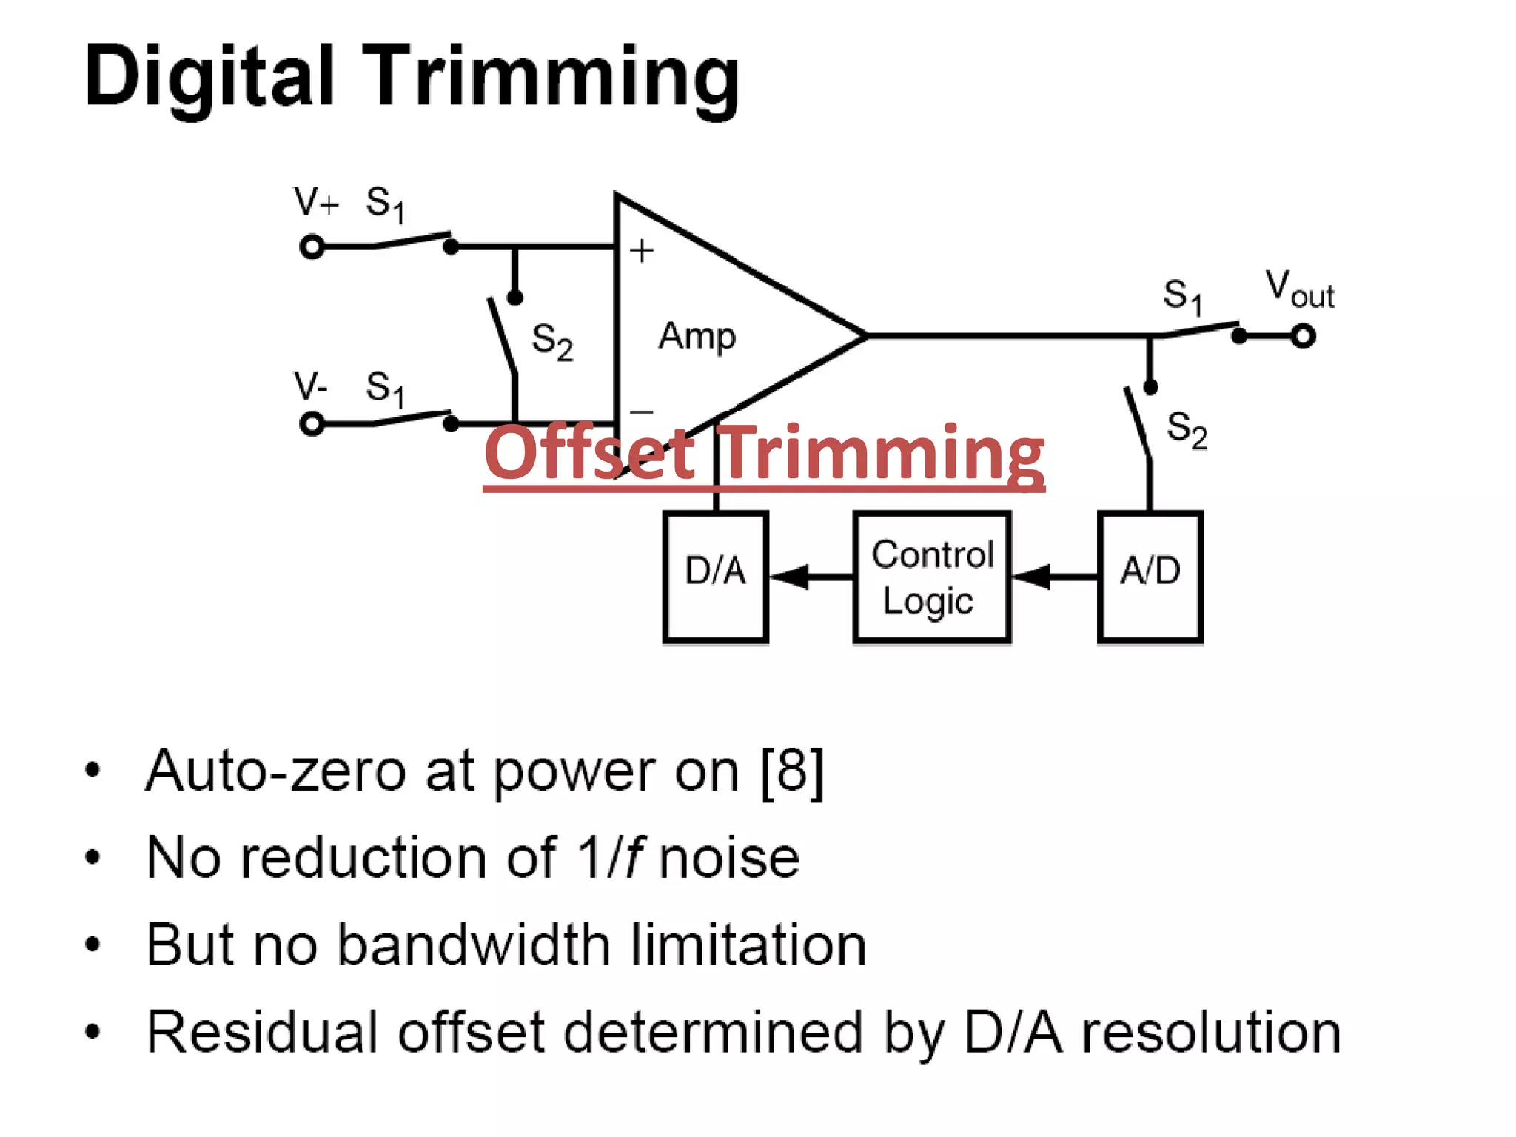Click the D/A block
tap(715, 576)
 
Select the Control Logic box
tap(932, 576)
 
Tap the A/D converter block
tap(1150, 576)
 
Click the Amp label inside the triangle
tap(697, 337)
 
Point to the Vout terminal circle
tap(1303, 336)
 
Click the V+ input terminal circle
tap(312, 246)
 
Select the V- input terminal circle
tap(312, 424)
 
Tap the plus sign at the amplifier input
tap(642, 251)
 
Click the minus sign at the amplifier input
tap(641, 412)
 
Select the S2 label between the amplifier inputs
tap(552, 341)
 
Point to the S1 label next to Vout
tap(1182, 296)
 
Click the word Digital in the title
tap(209, 78)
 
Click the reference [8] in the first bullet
tap(792, 772)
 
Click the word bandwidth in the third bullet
tap(474, 945)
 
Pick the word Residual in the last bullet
tap(262, 1032)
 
